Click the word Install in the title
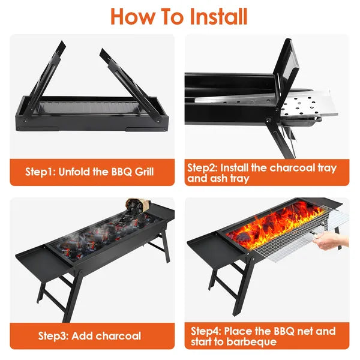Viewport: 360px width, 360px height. (211, 16)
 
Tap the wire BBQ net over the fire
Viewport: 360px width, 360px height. (288, 240)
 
